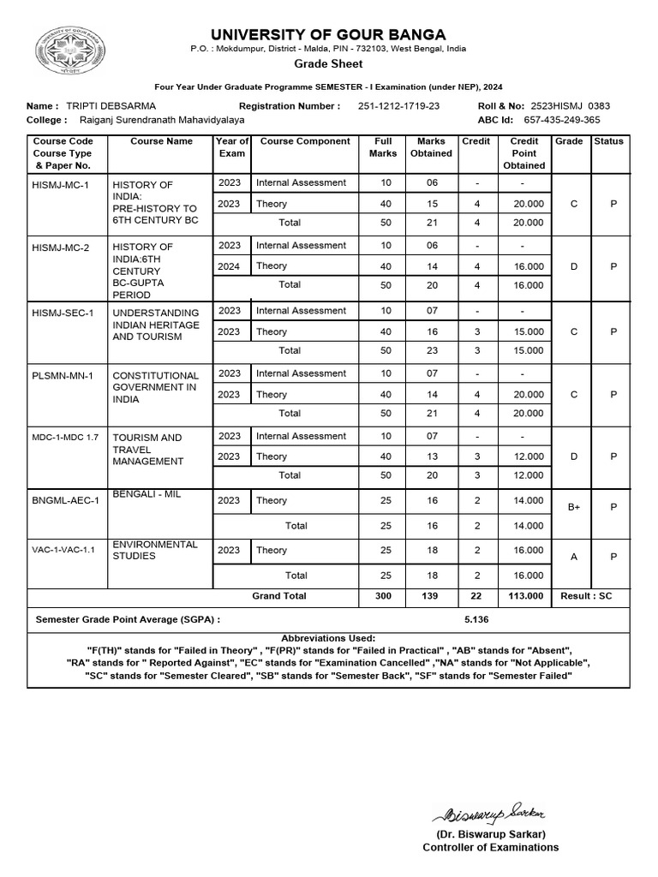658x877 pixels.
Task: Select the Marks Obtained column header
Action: click(431, 147)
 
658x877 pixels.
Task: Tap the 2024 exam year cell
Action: click(230, 266)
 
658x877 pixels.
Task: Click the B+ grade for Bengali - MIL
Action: click(574, 507)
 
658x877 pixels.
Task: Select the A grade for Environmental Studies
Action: click(574, 557)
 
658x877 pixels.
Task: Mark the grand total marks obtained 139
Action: click(431, 595)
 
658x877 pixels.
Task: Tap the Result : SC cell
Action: click(586, 595)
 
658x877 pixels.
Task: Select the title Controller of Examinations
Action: click(490, 847)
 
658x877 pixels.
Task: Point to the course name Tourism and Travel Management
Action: click(147, 450)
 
